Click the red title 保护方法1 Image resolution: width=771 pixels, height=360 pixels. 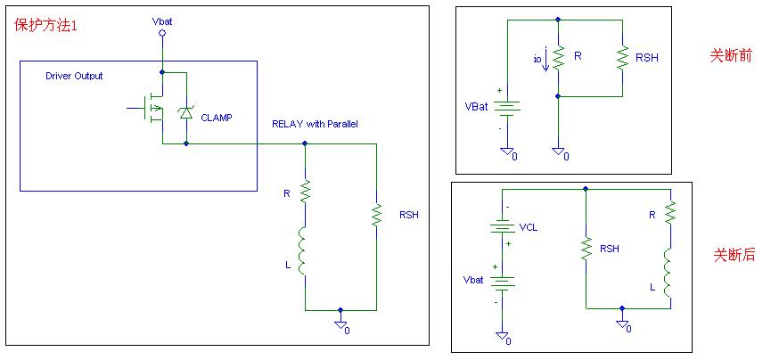45,24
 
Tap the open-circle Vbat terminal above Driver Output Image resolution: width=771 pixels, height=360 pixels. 161,33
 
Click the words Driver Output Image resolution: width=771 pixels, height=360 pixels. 74,77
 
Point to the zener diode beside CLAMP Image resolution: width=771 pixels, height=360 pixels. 185,111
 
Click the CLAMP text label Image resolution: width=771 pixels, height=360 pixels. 217,117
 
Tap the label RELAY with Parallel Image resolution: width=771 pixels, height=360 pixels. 315,124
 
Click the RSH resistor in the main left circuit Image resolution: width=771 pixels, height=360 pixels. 376,215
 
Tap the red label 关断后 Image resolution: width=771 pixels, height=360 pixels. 734,255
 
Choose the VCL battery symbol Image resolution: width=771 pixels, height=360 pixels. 502,226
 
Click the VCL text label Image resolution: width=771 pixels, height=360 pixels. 529,227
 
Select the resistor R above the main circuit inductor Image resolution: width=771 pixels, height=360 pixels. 305,192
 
